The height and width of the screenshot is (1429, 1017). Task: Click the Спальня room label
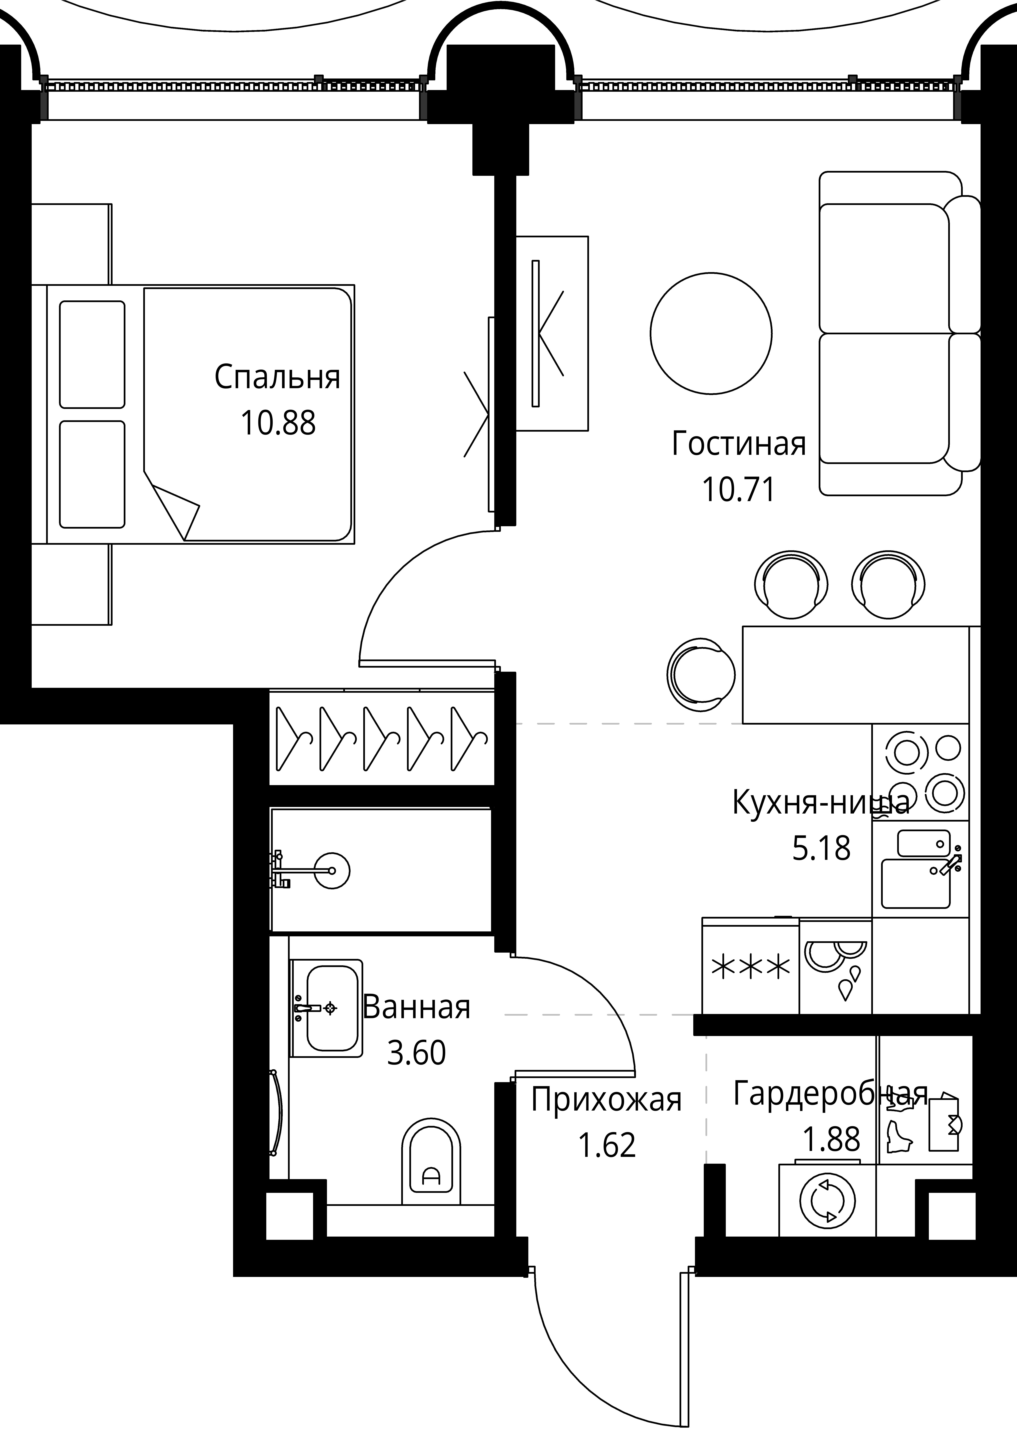pyautogui.click(x=277, y=378)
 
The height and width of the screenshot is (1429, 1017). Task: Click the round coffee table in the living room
pyautogui.click(x=711, y=333)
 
